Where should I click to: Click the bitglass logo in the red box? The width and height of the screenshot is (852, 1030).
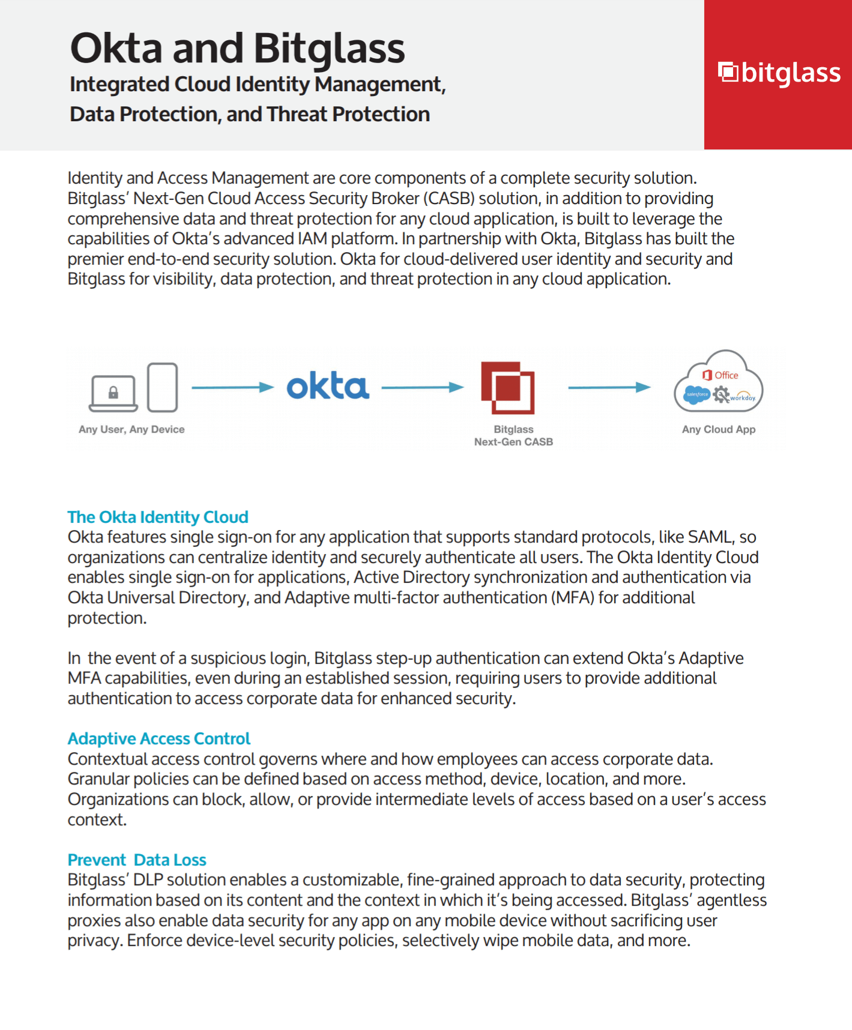coord(779,73)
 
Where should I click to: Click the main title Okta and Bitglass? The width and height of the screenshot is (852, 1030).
coord(237,48)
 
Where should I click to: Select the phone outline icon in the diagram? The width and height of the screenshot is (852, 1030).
coord(163,387)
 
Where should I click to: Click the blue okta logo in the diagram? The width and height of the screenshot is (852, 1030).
coord(327,387)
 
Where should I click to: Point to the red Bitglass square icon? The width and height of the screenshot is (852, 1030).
coord(508,388)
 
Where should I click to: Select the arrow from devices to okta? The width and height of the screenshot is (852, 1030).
coord(232,388)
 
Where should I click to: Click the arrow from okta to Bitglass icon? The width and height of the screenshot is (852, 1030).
coord(422,388)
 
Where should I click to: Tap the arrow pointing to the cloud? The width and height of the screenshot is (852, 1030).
coord(609,388)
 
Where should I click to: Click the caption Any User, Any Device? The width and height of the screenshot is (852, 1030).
coord(131,429)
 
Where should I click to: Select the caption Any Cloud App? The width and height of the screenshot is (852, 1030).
coord(719,429)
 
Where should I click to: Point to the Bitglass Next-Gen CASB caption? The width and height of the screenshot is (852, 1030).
coord(513,436)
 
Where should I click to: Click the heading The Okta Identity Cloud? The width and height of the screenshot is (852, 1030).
coord(158,517)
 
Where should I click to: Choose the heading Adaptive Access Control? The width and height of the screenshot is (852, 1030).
coord(159,738)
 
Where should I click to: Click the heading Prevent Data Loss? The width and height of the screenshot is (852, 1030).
coord(137,860)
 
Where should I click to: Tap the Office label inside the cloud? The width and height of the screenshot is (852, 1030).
coord(726,375)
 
